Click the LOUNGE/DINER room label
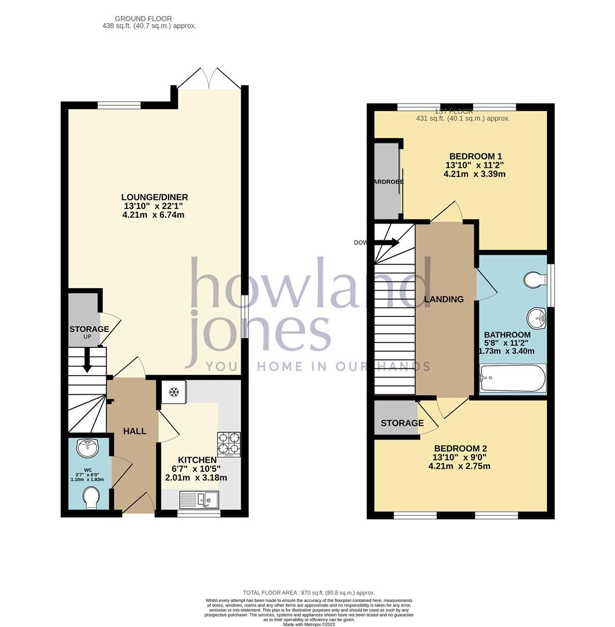coord(155,197)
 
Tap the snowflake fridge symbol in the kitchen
coord(173,392)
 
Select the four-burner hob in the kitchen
coord(228,444)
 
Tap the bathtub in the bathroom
coord(512,379)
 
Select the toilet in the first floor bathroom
coord(534,281)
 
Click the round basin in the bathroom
coord(537,318)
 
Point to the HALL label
coord(134,431)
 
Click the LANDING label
coord(444,300)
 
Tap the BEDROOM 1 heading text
coord(475,156)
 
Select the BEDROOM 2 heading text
coord(460,448)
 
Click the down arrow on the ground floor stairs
coord(87,360)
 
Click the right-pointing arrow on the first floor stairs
coord(387,243)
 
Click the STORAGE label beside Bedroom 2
coord(402,423)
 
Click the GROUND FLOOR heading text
coord(143,19)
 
